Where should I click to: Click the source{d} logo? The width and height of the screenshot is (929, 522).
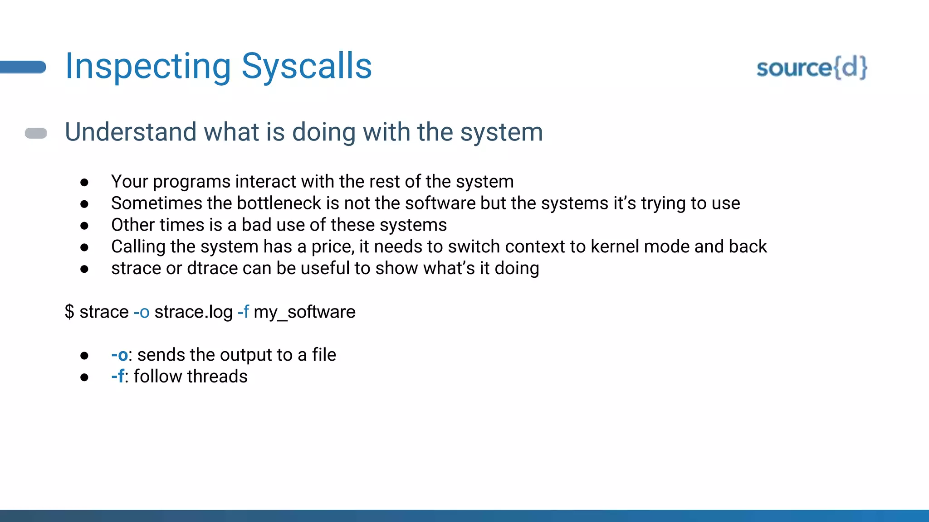tap(812, 68)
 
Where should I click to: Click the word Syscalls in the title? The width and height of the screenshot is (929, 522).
tap(307, 66)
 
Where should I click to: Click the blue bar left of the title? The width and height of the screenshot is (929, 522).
tap(23, 67)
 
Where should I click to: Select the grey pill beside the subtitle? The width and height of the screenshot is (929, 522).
tap(36, 133)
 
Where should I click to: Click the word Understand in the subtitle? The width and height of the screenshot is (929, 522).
tap(131, 132)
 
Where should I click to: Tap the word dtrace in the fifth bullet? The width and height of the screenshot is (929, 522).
tap(212, 268)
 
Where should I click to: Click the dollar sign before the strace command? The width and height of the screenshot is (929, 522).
tap(69, 312)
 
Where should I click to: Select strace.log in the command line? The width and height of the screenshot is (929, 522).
tap(193, 312)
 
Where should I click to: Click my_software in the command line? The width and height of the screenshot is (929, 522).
tap(304, 312)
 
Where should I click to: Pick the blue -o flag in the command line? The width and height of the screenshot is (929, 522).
tap(142, 312)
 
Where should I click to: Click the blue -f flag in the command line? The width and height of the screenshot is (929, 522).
tap(244, 312)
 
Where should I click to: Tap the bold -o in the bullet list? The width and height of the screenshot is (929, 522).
tap(119, 355)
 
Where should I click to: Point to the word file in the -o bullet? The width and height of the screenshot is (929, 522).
tap(324, 355)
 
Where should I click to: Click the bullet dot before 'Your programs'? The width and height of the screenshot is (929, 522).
tap(84, 182)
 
